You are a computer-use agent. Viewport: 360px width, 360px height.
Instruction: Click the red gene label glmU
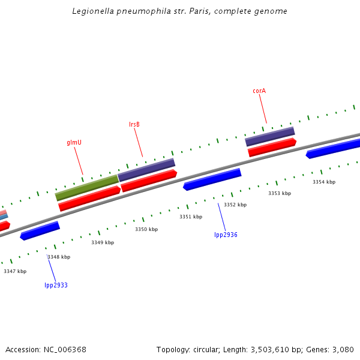[x=74, y=143]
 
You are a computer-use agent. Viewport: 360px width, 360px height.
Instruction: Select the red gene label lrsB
[x=134, y=125]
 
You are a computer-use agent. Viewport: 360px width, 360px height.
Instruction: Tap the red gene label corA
[x=259, y=91]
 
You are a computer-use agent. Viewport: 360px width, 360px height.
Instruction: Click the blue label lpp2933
[x=56, y=285]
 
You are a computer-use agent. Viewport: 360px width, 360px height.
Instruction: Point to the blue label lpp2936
[x=226, y=235]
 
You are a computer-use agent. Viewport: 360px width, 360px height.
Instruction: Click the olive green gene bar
[x=87, y=188]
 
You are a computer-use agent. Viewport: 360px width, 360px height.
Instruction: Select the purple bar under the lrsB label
[x=146, y=170]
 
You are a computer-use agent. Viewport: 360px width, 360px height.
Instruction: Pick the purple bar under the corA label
[x=270, y=136]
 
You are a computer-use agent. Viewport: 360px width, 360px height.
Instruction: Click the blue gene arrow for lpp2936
[x=212, y=179]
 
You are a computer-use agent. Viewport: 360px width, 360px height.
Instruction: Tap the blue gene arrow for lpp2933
[x=40, y=231]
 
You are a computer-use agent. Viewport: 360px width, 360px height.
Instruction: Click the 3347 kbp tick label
[x=15, y=271]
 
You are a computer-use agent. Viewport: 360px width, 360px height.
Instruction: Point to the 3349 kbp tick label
[x=103, y=242]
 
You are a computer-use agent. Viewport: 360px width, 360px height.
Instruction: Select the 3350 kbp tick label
[x=146, y=229]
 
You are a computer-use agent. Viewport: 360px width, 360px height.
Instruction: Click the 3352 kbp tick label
[x=235, y=205]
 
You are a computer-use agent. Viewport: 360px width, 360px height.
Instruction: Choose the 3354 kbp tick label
[x=324, y=182]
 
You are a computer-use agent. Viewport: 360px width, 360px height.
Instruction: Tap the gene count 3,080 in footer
[x=343, y=349]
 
